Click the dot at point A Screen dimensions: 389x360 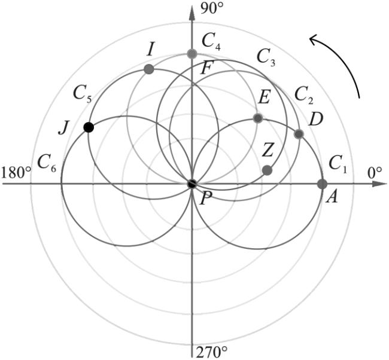click(322, 184)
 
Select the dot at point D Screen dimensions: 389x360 click(299, 134)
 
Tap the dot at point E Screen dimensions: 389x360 click(258, 118)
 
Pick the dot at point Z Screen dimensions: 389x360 click(267, 170)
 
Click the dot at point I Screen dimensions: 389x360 click(149, 69)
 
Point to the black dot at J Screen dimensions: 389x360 click(89, 127)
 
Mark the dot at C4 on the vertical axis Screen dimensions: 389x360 click(192, 54)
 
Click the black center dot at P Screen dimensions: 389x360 click(192, 184)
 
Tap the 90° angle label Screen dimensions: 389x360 click(211, 9)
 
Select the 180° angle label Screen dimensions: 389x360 click(16, 172)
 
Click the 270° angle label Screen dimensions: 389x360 click(212, 352)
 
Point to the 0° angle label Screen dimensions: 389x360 click(375, 173)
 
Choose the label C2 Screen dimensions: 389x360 click(304, 96)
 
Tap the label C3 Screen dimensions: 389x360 click(266, 57)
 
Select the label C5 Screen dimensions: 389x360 click(83, 95)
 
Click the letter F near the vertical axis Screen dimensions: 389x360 click(206, 69)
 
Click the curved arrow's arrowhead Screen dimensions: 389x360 click(314, 39)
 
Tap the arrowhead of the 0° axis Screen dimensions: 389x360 click(379, 184)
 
